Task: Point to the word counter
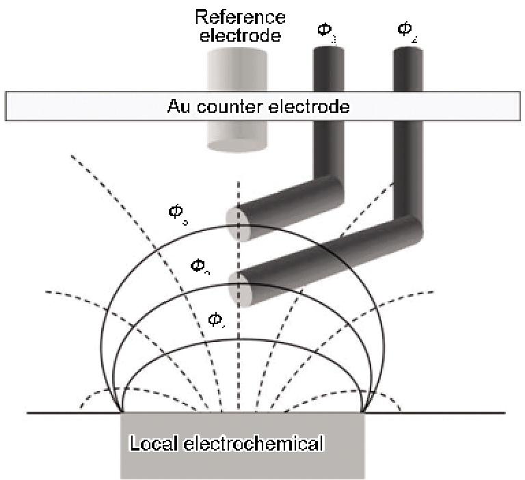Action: click(x=221, y=107)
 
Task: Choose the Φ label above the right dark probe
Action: click(x=405, y=30)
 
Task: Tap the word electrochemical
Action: click(x=252, y=444)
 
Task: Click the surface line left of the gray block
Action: click(x=68, y=412)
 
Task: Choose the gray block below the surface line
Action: click(x=243, y=465)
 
